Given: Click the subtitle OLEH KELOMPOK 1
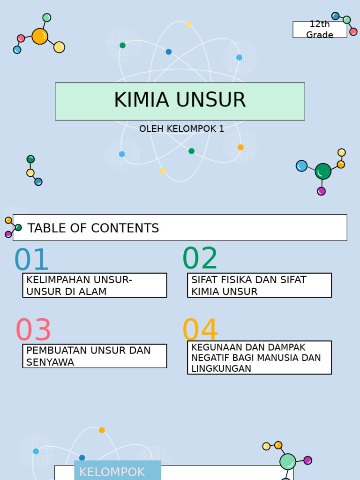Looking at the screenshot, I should [181, 129].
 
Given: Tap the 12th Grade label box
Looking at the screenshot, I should [320, 30].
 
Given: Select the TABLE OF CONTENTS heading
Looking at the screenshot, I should [93, 228].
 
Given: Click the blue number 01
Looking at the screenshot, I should [31, 260].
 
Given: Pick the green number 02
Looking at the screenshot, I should [200, 258].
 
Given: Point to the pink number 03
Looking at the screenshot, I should [33, 330].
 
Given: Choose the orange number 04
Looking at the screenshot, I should [200, 330].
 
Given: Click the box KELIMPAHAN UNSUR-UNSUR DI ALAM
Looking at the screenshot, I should [95, 285].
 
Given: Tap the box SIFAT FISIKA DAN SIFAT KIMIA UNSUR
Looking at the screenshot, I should [259, 285].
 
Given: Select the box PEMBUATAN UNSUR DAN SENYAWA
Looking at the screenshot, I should [95, 356].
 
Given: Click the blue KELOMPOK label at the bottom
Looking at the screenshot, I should [112, 472].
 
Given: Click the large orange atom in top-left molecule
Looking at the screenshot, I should [40, 36].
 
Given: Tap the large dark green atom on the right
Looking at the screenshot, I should [323, 172].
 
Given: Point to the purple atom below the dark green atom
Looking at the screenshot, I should [321, 191].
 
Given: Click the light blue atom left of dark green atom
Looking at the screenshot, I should [302, 166].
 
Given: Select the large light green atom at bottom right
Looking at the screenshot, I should [288, 462].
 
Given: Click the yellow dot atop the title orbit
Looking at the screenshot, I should [188, 24].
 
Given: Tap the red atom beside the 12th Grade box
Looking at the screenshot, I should [353, 32].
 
